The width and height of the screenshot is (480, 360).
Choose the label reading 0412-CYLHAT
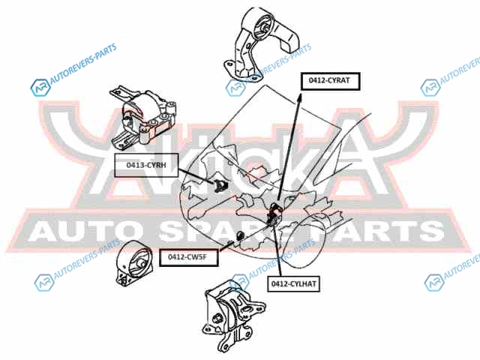(x=294, y=283)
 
